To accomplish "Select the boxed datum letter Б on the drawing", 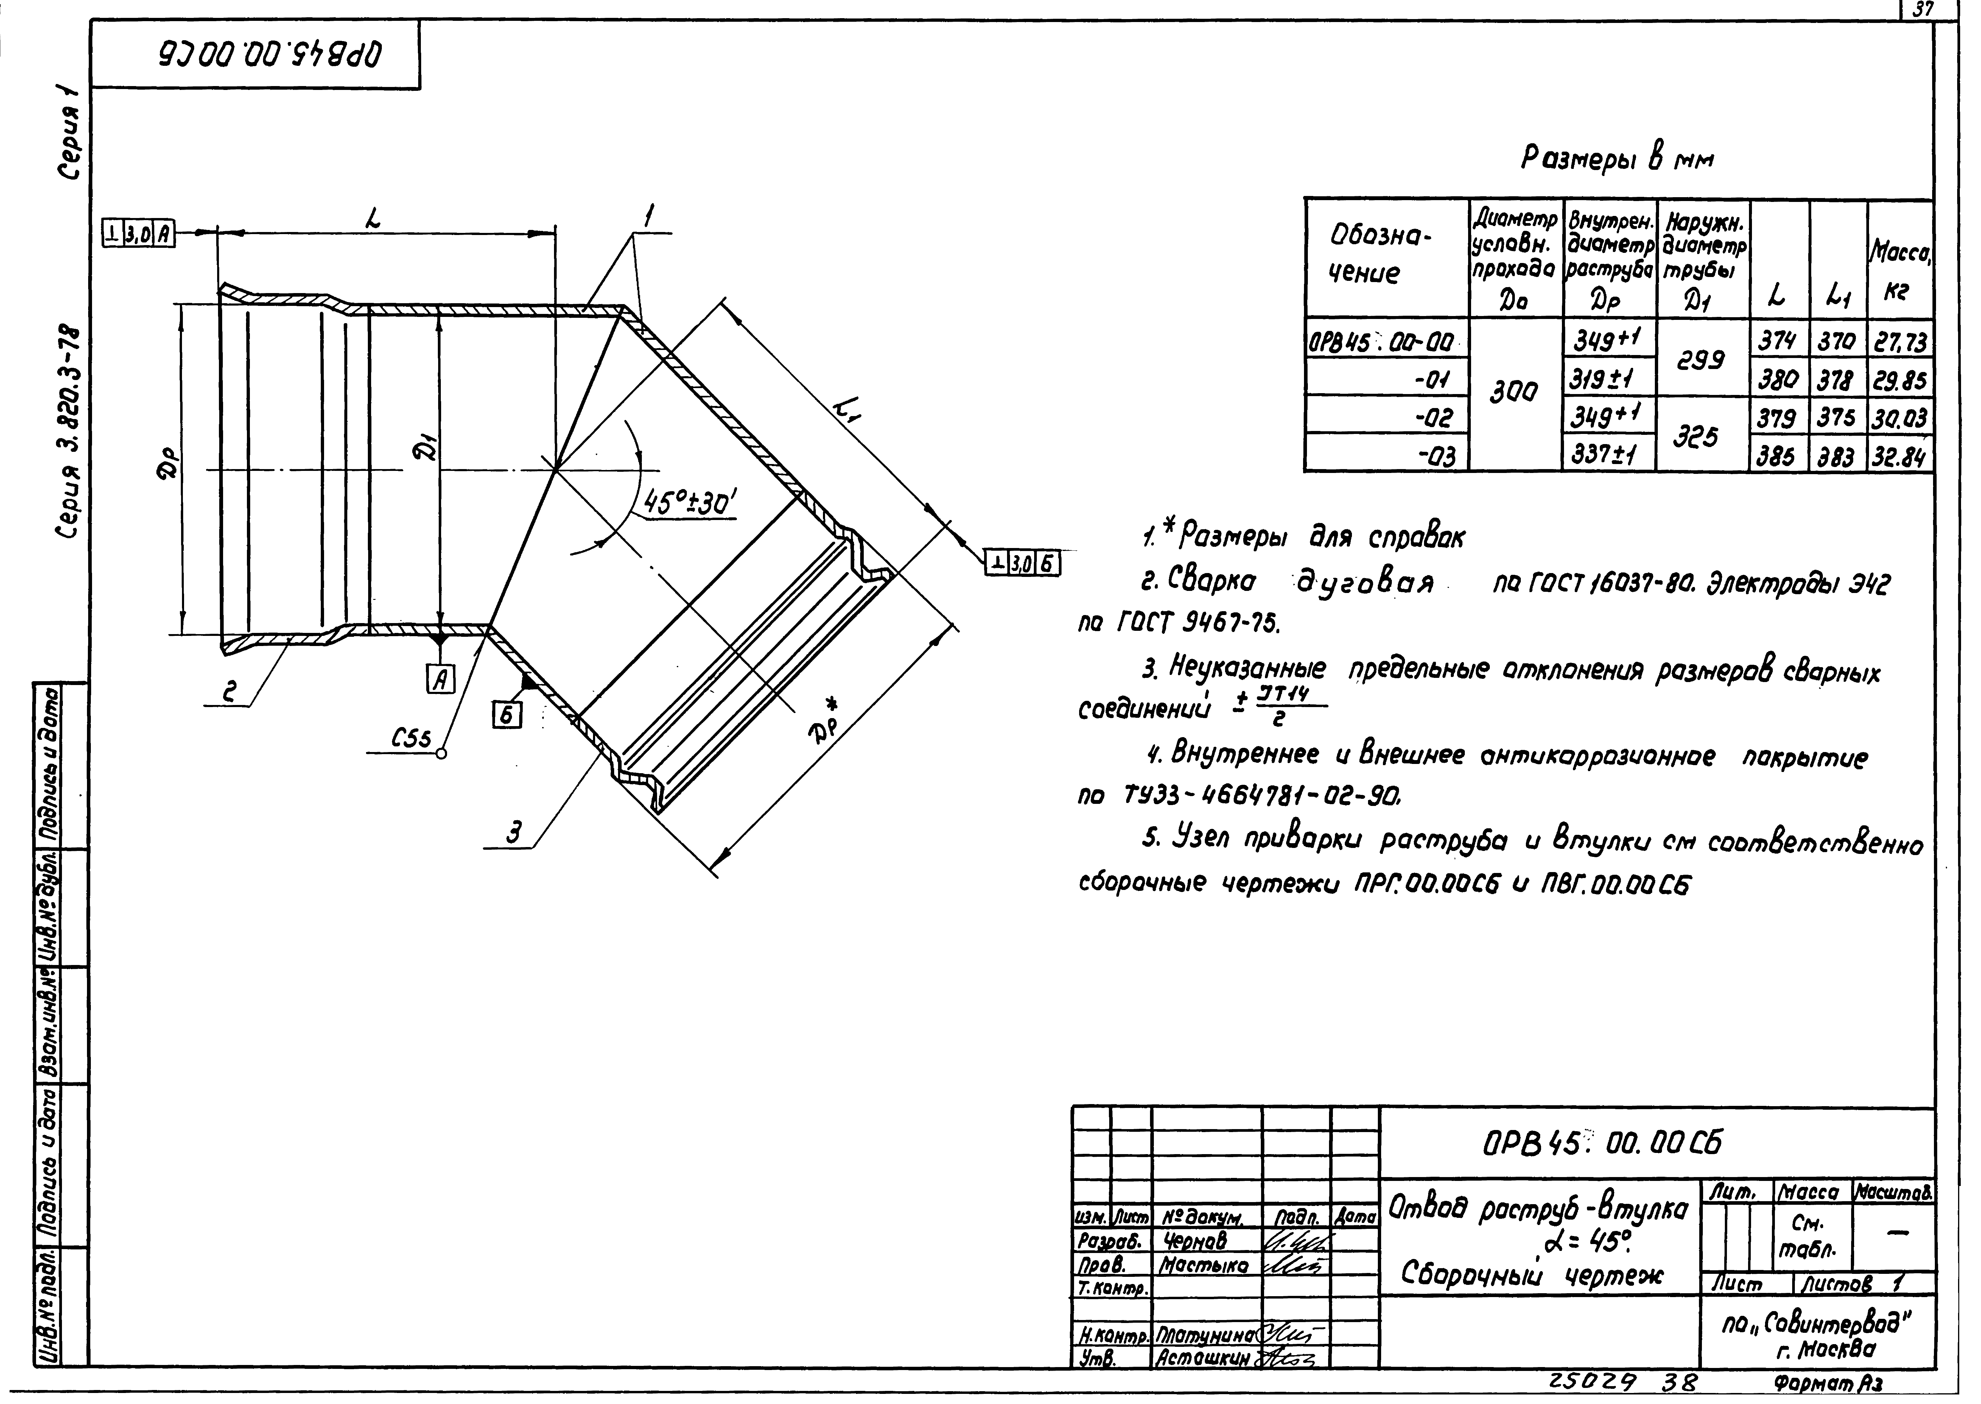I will tap(507, 713).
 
